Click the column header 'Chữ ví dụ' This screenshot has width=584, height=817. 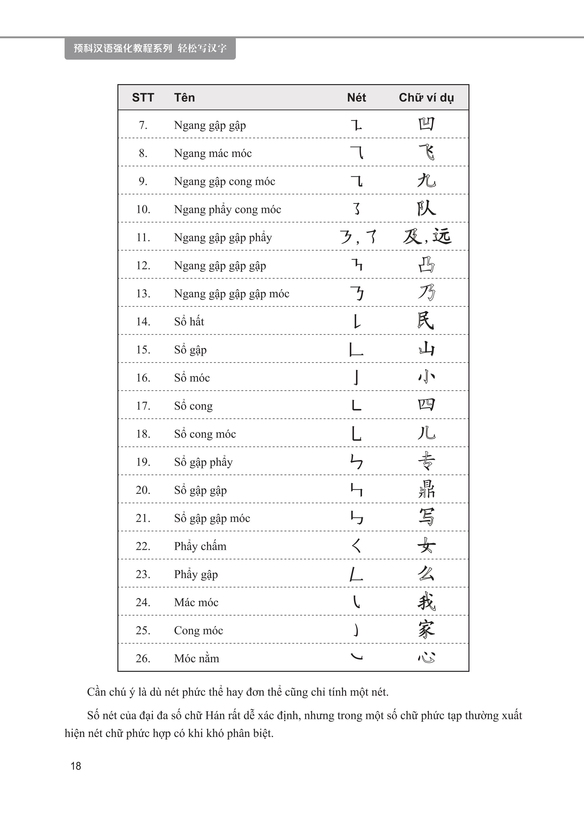(x=426, y=98)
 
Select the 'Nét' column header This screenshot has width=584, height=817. (x=356, y=98)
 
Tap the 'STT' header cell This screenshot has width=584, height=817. (x=143, y=98)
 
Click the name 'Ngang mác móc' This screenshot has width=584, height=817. (x=212, y=154)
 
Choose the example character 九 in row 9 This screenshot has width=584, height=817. (x=426, y=180)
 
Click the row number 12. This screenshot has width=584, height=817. (x=143, y=266)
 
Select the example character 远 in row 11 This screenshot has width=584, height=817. (x=442, y=236)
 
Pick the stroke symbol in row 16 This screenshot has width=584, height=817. (x=356, y=377)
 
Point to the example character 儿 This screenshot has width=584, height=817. (x=426, y=433)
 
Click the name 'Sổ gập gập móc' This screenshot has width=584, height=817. (x=212, y=518)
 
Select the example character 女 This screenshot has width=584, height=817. (x=426, y=546)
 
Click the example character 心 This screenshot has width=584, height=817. (x=426, y=657)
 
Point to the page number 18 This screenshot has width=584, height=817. (x=76, y=766)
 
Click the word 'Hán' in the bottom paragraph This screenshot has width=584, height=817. (x=215, y=716)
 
